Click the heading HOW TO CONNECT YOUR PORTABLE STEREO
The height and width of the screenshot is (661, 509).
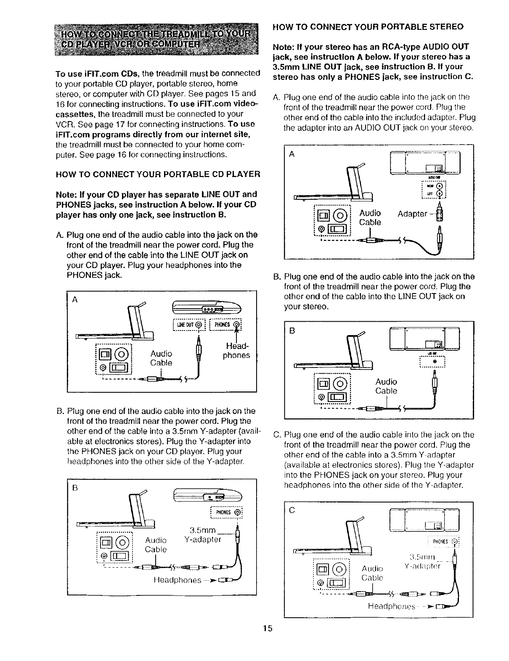368,26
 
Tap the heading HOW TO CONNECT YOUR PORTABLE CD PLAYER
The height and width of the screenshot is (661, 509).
158,174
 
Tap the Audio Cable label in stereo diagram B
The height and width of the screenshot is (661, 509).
386,386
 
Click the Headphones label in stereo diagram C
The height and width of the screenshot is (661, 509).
392,606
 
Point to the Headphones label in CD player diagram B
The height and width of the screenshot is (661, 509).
177,580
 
